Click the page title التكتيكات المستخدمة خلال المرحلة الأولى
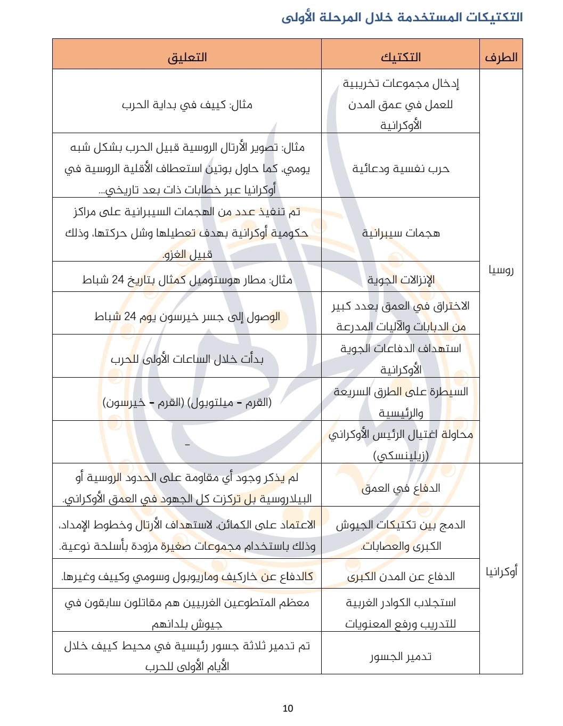(402, 18)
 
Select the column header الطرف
(501, 58)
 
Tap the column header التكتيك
(401, 58)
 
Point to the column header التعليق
(187, 58)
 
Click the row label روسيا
(501, 270)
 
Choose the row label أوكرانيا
(501, 572)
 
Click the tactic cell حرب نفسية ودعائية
(401, 169)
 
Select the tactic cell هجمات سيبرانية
(401, 233)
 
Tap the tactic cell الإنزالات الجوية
(401, 280)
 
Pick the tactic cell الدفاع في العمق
(401, 488)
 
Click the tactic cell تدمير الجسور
(401, 656)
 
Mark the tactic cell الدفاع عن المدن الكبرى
(401, 576)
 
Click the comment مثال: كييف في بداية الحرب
(187, 104)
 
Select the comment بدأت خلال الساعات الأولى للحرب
(187, 359)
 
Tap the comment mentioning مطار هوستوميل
(187, 280)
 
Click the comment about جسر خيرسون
(187, 316)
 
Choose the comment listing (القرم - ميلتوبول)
(187, 402)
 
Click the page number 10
(288, 708)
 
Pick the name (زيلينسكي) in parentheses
(401, 455)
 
